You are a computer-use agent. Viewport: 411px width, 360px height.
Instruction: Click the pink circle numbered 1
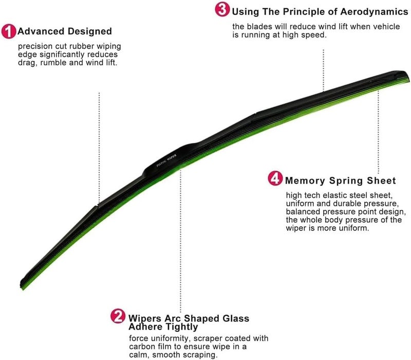(9, 31)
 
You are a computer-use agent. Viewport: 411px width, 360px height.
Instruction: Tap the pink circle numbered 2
(118, 316)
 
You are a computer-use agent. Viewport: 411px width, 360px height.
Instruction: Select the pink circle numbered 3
(222, 9)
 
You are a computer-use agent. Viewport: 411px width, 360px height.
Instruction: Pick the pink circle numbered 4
(275, 178)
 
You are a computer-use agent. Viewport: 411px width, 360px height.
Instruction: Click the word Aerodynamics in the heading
(374, 12)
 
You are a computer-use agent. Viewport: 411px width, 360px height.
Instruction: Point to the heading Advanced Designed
(65, 31)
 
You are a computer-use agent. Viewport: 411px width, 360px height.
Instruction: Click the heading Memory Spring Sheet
(340, 181)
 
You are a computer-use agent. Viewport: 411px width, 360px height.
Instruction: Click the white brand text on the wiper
(166, 160)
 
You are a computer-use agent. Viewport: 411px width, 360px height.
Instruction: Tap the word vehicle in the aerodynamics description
(386, 27)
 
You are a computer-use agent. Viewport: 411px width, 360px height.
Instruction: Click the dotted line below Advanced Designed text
(99, 148)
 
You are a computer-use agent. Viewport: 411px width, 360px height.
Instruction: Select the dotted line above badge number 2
(180, 241)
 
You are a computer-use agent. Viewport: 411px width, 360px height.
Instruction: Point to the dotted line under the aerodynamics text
(324, 70)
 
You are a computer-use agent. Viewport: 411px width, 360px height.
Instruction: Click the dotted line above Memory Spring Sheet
(378, 132)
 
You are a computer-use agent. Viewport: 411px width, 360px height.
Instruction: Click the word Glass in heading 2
(236, 318)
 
